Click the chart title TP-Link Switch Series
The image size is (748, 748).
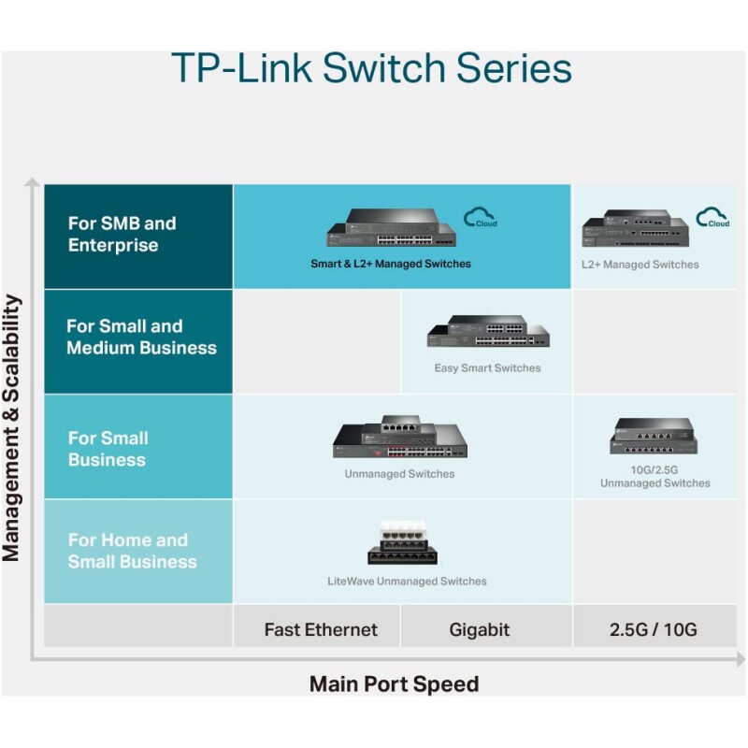coord(371,67)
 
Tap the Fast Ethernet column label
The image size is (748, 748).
coord(321,629)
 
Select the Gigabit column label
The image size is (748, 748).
coord(480,630)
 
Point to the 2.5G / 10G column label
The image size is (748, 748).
coord(653,629)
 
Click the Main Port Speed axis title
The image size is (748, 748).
coord(394,684)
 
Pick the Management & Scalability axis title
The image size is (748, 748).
coord(11,428)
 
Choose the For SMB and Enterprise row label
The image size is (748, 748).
coord(122,235)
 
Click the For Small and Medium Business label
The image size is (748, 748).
coord(142,337)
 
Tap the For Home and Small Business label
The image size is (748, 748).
coord(133,551)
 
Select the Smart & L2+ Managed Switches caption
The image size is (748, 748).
coord(391,264)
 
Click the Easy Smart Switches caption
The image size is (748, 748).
coord(487,367)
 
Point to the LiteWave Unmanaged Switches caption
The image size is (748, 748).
coord(407,581)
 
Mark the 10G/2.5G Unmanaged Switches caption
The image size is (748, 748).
coord(655,477)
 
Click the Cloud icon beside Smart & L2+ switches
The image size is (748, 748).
coord(481,218)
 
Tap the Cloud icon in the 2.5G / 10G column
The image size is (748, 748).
coord(712,218)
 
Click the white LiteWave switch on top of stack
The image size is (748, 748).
coord(403,530)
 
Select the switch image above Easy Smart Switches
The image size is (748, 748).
coord(488,331)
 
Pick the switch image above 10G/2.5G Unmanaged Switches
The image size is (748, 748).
coord(654,436)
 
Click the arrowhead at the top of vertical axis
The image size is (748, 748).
coord(32,182)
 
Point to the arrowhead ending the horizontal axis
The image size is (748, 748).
coord(741,660)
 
